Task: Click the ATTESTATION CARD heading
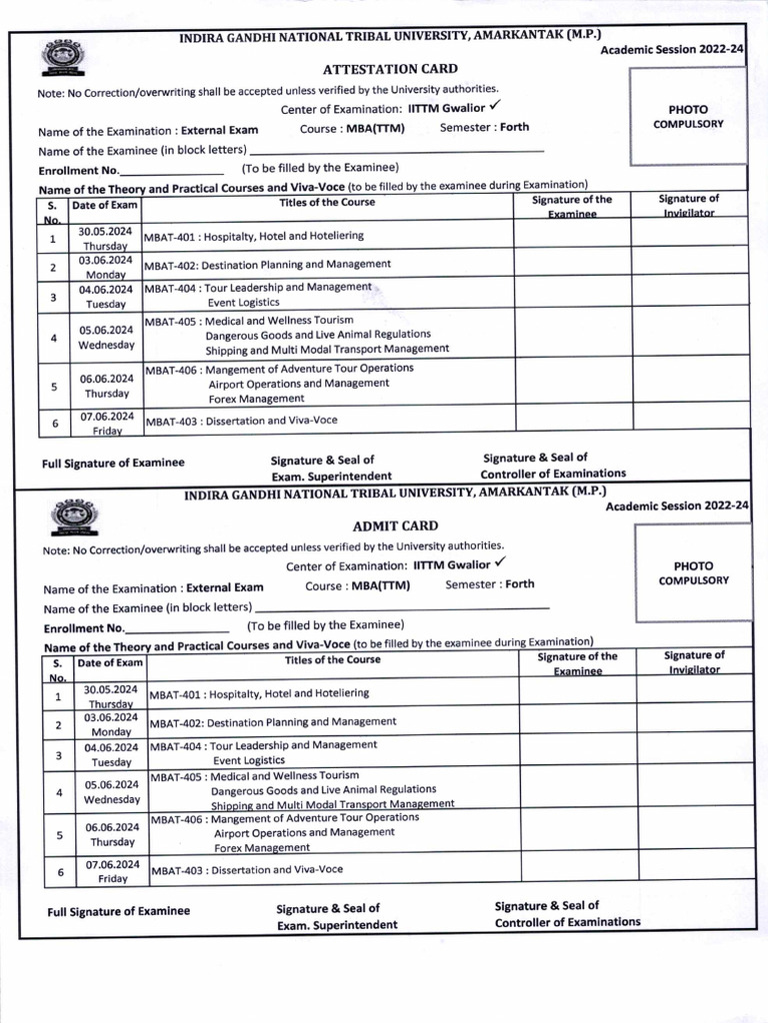click(376, 69)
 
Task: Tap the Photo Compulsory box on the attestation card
click(687, 116)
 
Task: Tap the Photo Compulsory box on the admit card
click(693, 572)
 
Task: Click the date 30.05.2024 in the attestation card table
click(105, 232)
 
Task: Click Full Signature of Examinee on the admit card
click(118, 911)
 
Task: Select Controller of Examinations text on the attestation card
click(553, 474)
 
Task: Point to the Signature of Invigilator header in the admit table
click(694, 662)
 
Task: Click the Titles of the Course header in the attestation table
click(327, 203)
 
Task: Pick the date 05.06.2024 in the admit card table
click(111, 785)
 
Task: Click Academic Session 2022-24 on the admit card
click(677, 507)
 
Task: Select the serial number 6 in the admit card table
click(60, 872)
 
